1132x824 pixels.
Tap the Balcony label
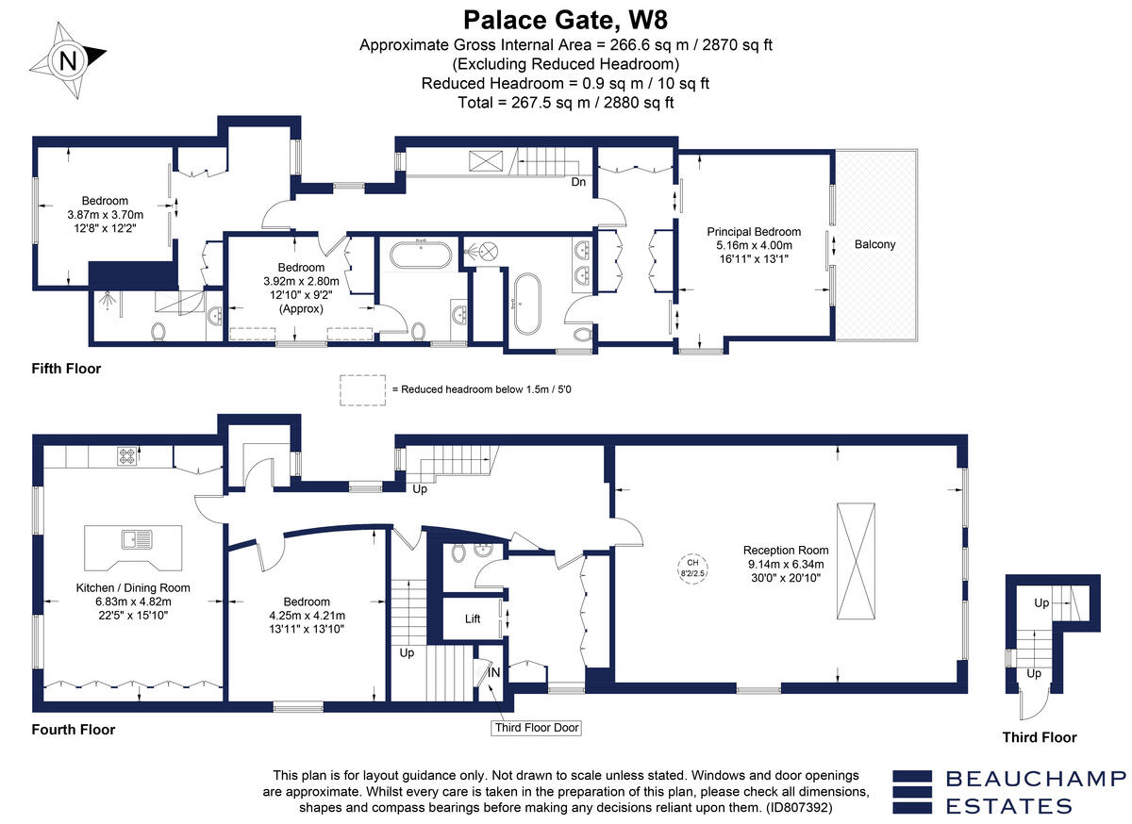874,244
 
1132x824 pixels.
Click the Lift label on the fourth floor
474,619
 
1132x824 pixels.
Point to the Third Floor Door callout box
537,728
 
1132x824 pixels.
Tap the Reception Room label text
785,551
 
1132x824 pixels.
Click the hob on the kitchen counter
127,456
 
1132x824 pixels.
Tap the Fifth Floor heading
66,369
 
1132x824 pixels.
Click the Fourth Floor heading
73,730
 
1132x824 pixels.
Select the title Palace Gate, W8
566,19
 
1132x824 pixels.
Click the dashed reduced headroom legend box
362,389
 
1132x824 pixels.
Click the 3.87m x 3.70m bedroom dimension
104,214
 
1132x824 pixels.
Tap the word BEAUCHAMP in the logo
1035,778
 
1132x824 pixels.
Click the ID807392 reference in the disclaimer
798,808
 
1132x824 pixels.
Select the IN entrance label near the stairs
493,671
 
